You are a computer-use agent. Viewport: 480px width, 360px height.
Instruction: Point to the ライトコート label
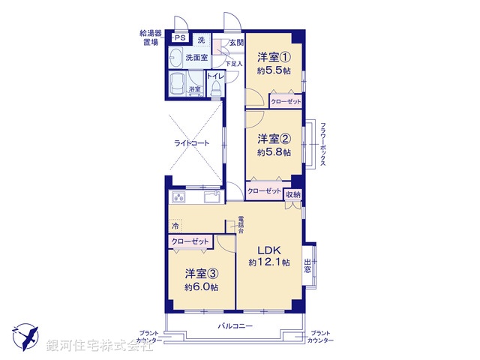tap(191, 142)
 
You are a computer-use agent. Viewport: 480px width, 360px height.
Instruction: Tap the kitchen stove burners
tap(181, 197)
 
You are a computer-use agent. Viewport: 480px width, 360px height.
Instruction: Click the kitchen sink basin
tap(210, 197)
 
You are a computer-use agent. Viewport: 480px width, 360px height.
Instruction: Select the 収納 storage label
tap(292, 194)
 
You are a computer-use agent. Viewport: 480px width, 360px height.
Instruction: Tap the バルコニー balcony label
tap(235, 326)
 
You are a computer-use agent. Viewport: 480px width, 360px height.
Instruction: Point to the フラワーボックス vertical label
tap(322, 146)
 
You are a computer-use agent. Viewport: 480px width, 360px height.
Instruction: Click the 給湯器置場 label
tap(148, 37)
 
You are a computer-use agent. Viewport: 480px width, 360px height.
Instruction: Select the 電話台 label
tap(241, 224)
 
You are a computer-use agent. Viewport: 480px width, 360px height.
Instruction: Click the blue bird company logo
tap(24, 335)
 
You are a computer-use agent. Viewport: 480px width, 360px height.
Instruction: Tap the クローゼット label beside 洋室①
tap(286, 100)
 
